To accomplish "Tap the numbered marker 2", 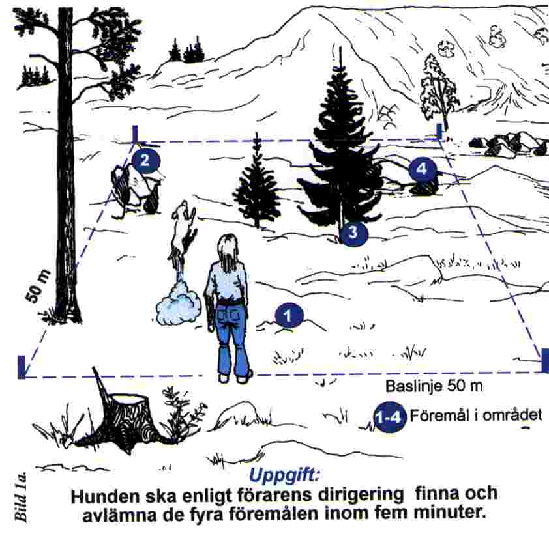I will tap(145, 158).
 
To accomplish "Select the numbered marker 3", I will tap(353, 233).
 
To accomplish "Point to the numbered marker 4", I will tap(422, 169).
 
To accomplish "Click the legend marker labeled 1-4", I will tap(389, 417).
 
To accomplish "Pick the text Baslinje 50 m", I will tap(434, 386).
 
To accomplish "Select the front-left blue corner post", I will tap(22, 366).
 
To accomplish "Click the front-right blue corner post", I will tap(544, 360).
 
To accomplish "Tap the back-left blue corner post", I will tap(136, 134).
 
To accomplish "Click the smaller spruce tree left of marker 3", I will tap(257, 186).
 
